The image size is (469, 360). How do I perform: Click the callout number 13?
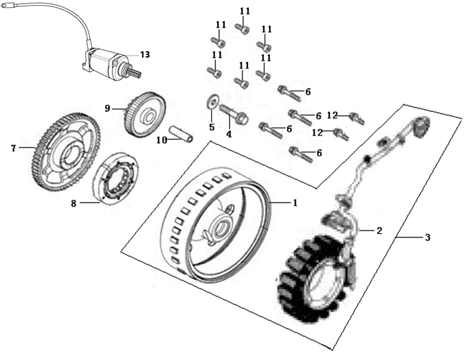(x=145, y=55)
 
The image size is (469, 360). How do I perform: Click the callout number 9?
(x=108, y=108)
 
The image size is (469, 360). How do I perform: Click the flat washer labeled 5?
(x=212, y=102)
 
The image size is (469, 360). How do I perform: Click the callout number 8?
(x=74, y=203)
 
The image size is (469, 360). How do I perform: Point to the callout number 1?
(x=295, y=203)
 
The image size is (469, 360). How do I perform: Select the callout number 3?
(x=428, y=238)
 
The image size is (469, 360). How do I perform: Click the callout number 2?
(x=379, y=231)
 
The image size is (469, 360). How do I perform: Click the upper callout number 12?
(x=333, y=115)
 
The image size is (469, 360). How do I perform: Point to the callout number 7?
(x=13, y=148)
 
